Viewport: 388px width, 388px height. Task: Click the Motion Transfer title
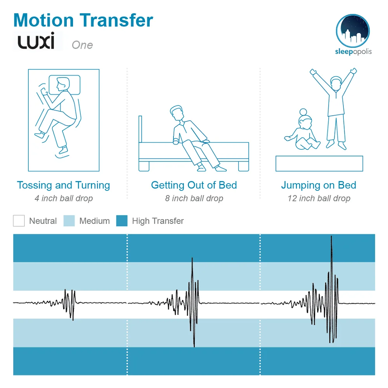pos(83,20)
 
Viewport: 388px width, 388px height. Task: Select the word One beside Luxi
pos(82,45)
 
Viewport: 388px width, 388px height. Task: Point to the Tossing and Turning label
pos(63,185)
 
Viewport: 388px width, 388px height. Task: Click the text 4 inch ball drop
pos(64,199)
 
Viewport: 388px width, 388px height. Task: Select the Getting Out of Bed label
pos(194,185)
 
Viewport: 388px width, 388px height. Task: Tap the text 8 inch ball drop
pos(194,199)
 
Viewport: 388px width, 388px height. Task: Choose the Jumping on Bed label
pos(319,185)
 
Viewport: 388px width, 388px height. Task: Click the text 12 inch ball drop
pos(319,199)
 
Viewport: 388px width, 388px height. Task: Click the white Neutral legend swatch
pos(19,221)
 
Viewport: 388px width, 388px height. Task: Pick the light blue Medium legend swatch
pos(69,221)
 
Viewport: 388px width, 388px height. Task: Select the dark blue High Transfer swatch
pos(122,221)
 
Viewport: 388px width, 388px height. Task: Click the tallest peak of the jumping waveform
pos(331,237)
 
